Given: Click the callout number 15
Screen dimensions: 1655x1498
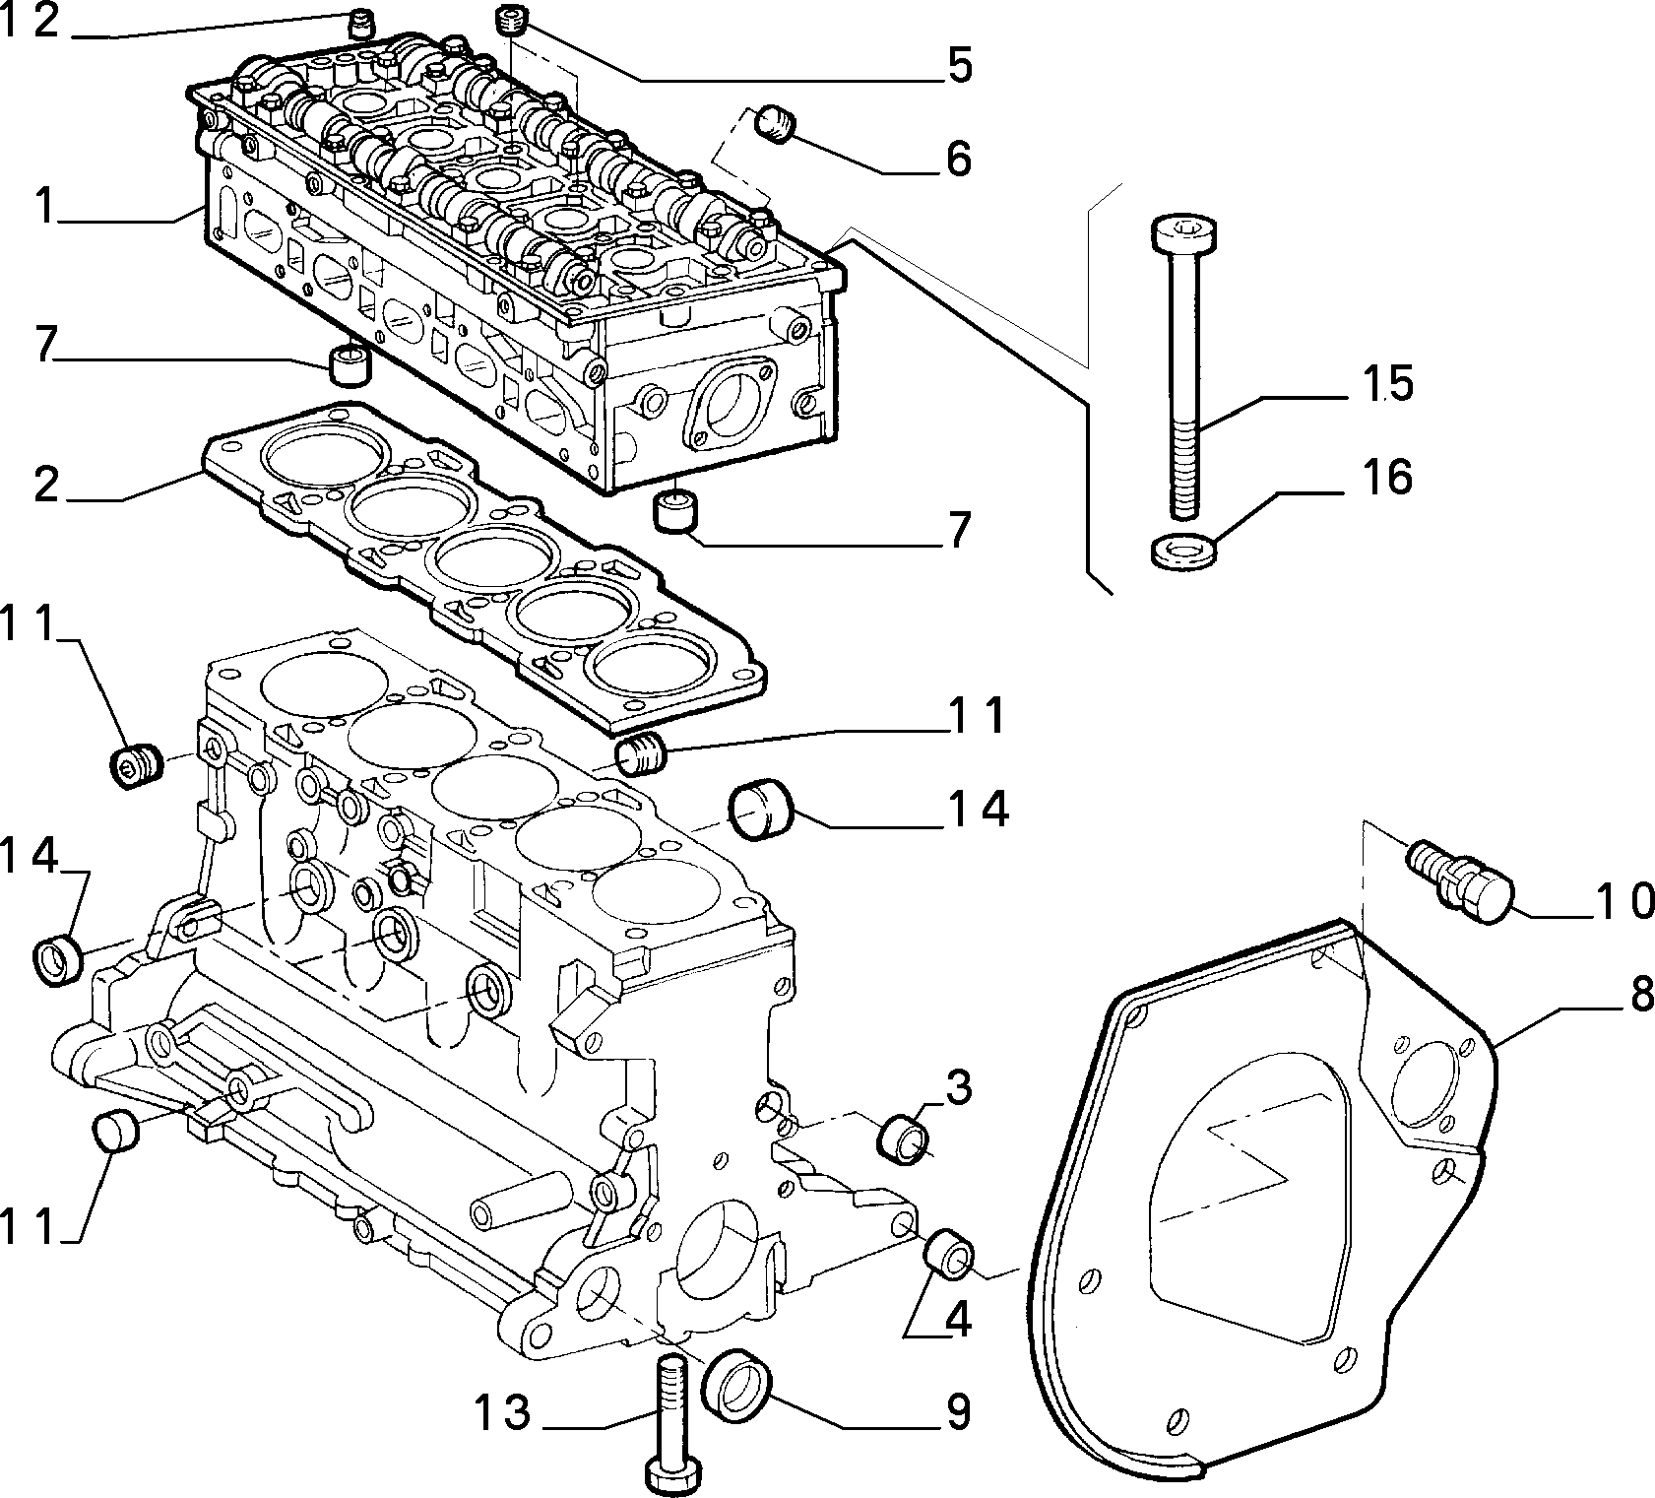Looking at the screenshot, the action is [1387, 383].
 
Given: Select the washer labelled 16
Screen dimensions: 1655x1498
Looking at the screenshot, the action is [1182, 550].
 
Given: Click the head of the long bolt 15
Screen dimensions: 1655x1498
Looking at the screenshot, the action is [1183, 235].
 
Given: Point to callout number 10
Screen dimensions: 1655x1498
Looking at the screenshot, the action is [1623, 900].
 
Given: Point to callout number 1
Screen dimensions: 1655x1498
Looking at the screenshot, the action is [41, 208].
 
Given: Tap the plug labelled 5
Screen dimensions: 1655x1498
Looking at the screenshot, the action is [511, 20].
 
